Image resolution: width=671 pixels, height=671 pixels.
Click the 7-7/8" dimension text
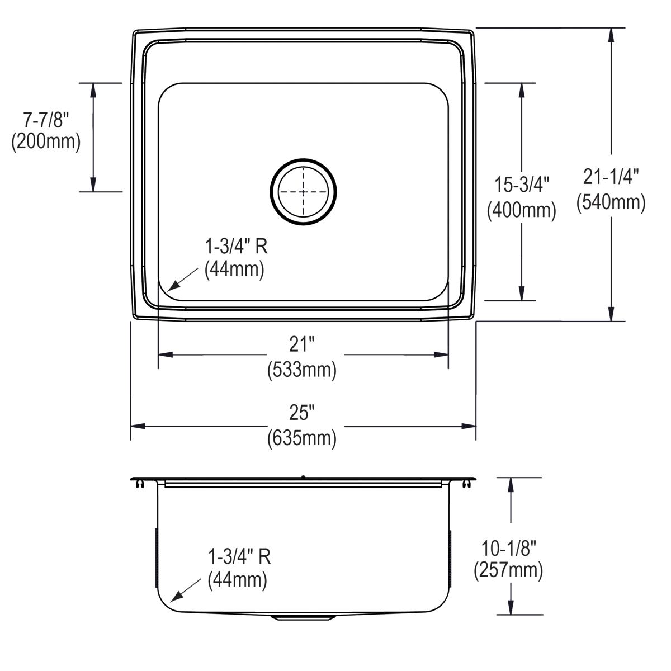45,120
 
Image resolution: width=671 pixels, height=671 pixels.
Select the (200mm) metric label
45,142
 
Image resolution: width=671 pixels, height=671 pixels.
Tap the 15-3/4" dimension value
522,185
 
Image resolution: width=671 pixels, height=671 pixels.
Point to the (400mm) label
522,210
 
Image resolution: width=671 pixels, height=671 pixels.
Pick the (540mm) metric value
611,202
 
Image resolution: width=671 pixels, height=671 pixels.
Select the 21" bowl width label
303,344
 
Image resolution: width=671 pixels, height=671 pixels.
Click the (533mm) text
303,370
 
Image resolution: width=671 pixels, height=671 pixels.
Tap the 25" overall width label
303,413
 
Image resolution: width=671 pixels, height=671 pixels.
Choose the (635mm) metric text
303,438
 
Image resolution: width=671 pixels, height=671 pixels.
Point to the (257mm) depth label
508,570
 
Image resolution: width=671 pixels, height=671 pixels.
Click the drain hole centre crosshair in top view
304,192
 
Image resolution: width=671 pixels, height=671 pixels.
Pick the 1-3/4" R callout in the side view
239,557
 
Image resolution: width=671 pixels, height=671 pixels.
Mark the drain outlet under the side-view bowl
303,617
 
